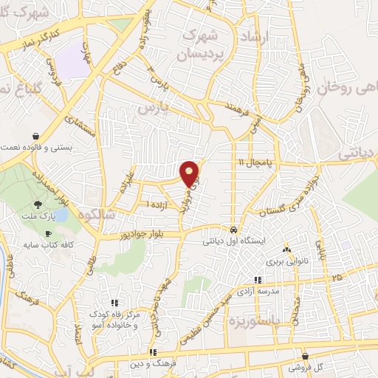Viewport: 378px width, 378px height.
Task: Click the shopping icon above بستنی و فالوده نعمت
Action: click(x=37, y=136)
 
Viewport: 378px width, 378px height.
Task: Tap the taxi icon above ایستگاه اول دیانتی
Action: click(x=233, y=228)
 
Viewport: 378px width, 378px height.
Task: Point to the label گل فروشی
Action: click(x=304, y=367)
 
